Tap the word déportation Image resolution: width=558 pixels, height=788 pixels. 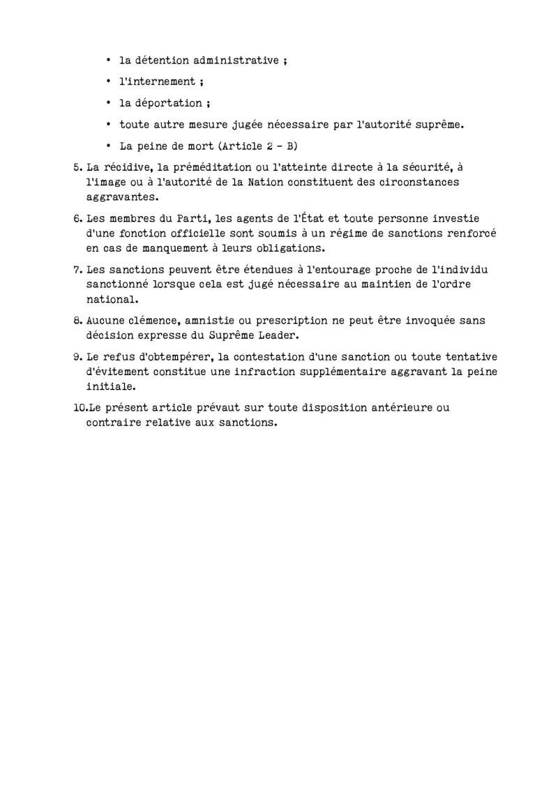coord(169,103)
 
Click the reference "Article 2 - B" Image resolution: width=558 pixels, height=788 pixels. coord(259,146)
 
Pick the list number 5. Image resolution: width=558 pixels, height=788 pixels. coord(76,167)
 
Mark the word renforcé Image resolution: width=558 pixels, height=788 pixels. coord(471,232)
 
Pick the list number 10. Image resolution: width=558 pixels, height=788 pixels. coord(79,407)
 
